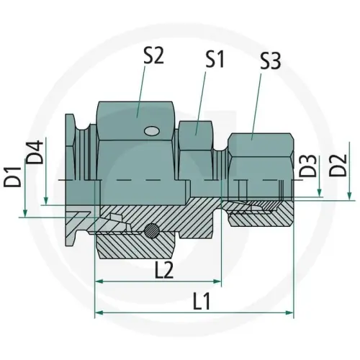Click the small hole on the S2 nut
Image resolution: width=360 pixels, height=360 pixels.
150,131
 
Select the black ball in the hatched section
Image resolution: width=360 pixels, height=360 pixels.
150,230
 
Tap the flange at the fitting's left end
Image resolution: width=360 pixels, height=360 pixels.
69,173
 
